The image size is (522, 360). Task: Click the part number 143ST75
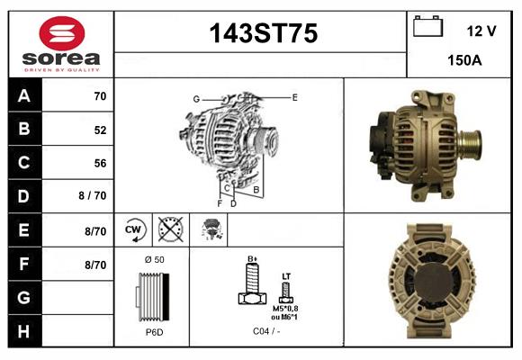tap(264, 33)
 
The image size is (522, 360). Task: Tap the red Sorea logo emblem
tap(62, 33)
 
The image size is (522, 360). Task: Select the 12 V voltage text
tap(481, 31)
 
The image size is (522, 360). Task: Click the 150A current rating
tap(464, 60)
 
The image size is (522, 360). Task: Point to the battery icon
tap(427, 26)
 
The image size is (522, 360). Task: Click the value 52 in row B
tap(100, 130)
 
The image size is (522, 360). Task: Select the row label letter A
tap(24, 96)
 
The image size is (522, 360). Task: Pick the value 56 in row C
tap(100, 163)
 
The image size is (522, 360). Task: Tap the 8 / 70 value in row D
tap(93, 195)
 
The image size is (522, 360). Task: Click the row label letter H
tap(23, 331)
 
